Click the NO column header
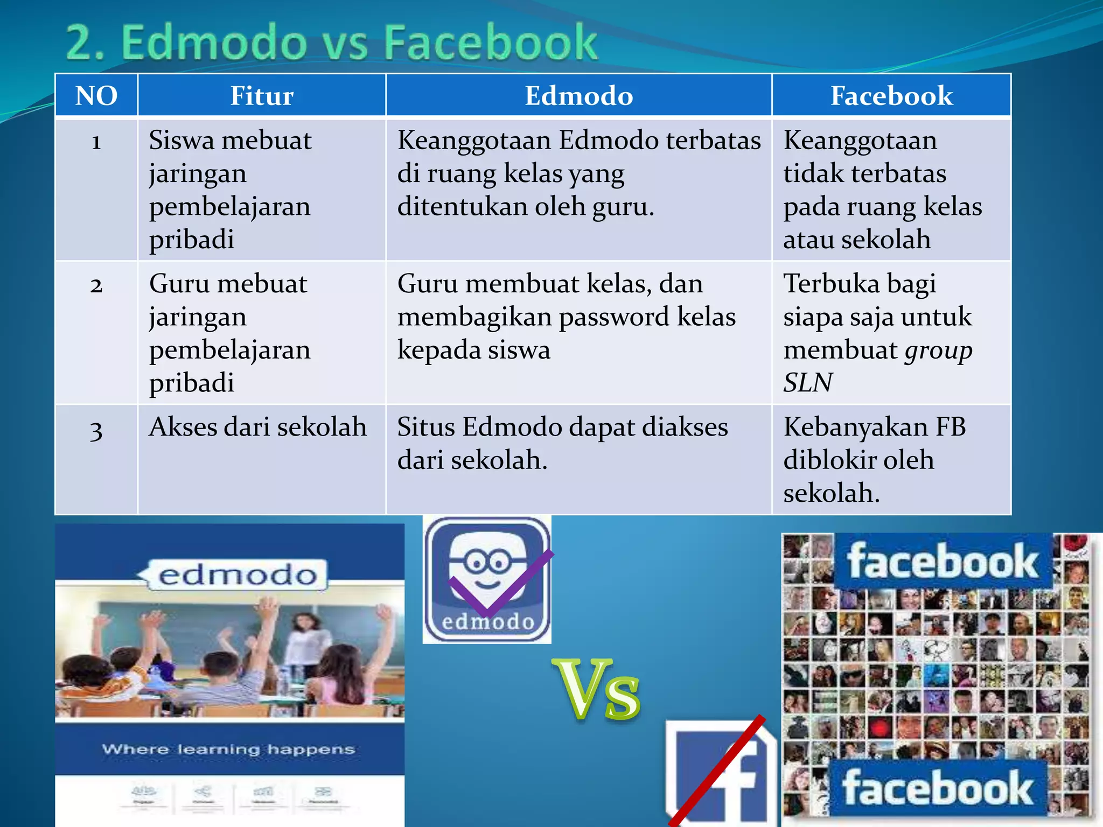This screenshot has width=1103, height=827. pos(96,96)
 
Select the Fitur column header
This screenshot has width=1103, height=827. pos(262,96)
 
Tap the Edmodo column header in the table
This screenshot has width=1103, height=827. pos(579,96)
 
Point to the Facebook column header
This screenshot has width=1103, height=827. pos(891,96)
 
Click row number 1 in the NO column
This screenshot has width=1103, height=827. pos(96,142)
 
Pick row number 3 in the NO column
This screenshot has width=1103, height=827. pos(96,430)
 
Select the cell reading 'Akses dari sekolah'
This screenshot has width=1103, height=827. pos(258,427)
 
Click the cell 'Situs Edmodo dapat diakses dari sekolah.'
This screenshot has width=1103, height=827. pos(562,443)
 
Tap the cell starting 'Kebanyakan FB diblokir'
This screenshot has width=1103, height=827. pos(874,459)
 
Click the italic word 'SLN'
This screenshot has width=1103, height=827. pos(808,383)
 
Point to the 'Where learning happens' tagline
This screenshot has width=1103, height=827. pos(228,749)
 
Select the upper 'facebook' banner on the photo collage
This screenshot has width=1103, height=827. pos(943,561)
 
